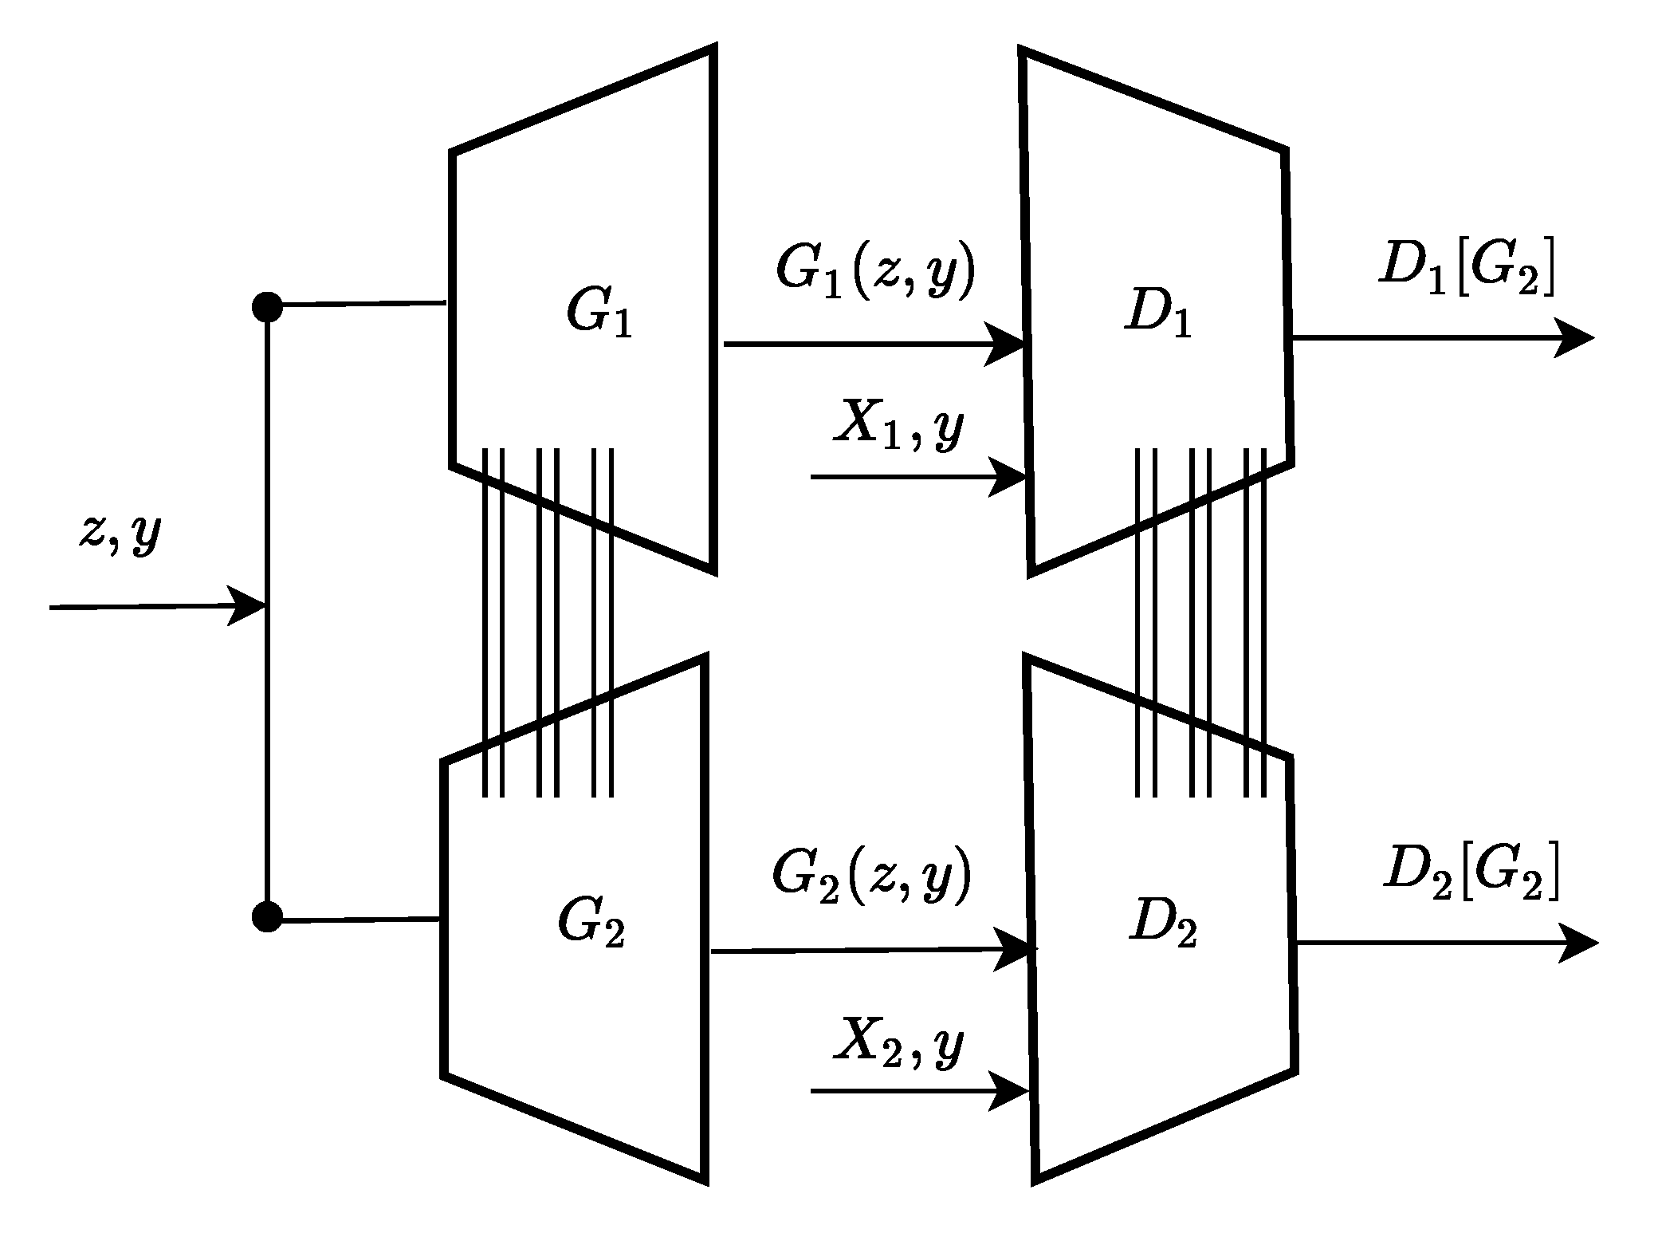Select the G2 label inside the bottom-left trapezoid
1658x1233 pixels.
coord(591,925)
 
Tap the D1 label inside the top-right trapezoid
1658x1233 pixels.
coord(1158,313)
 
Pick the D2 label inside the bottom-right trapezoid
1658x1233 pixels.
coord(1163,925)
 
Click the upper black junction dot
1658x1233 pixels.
coord(267,306)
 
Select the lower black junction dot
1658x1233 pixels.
coord(267,917)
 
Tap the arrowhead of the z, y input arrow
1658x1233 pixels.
coord(248,606)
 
